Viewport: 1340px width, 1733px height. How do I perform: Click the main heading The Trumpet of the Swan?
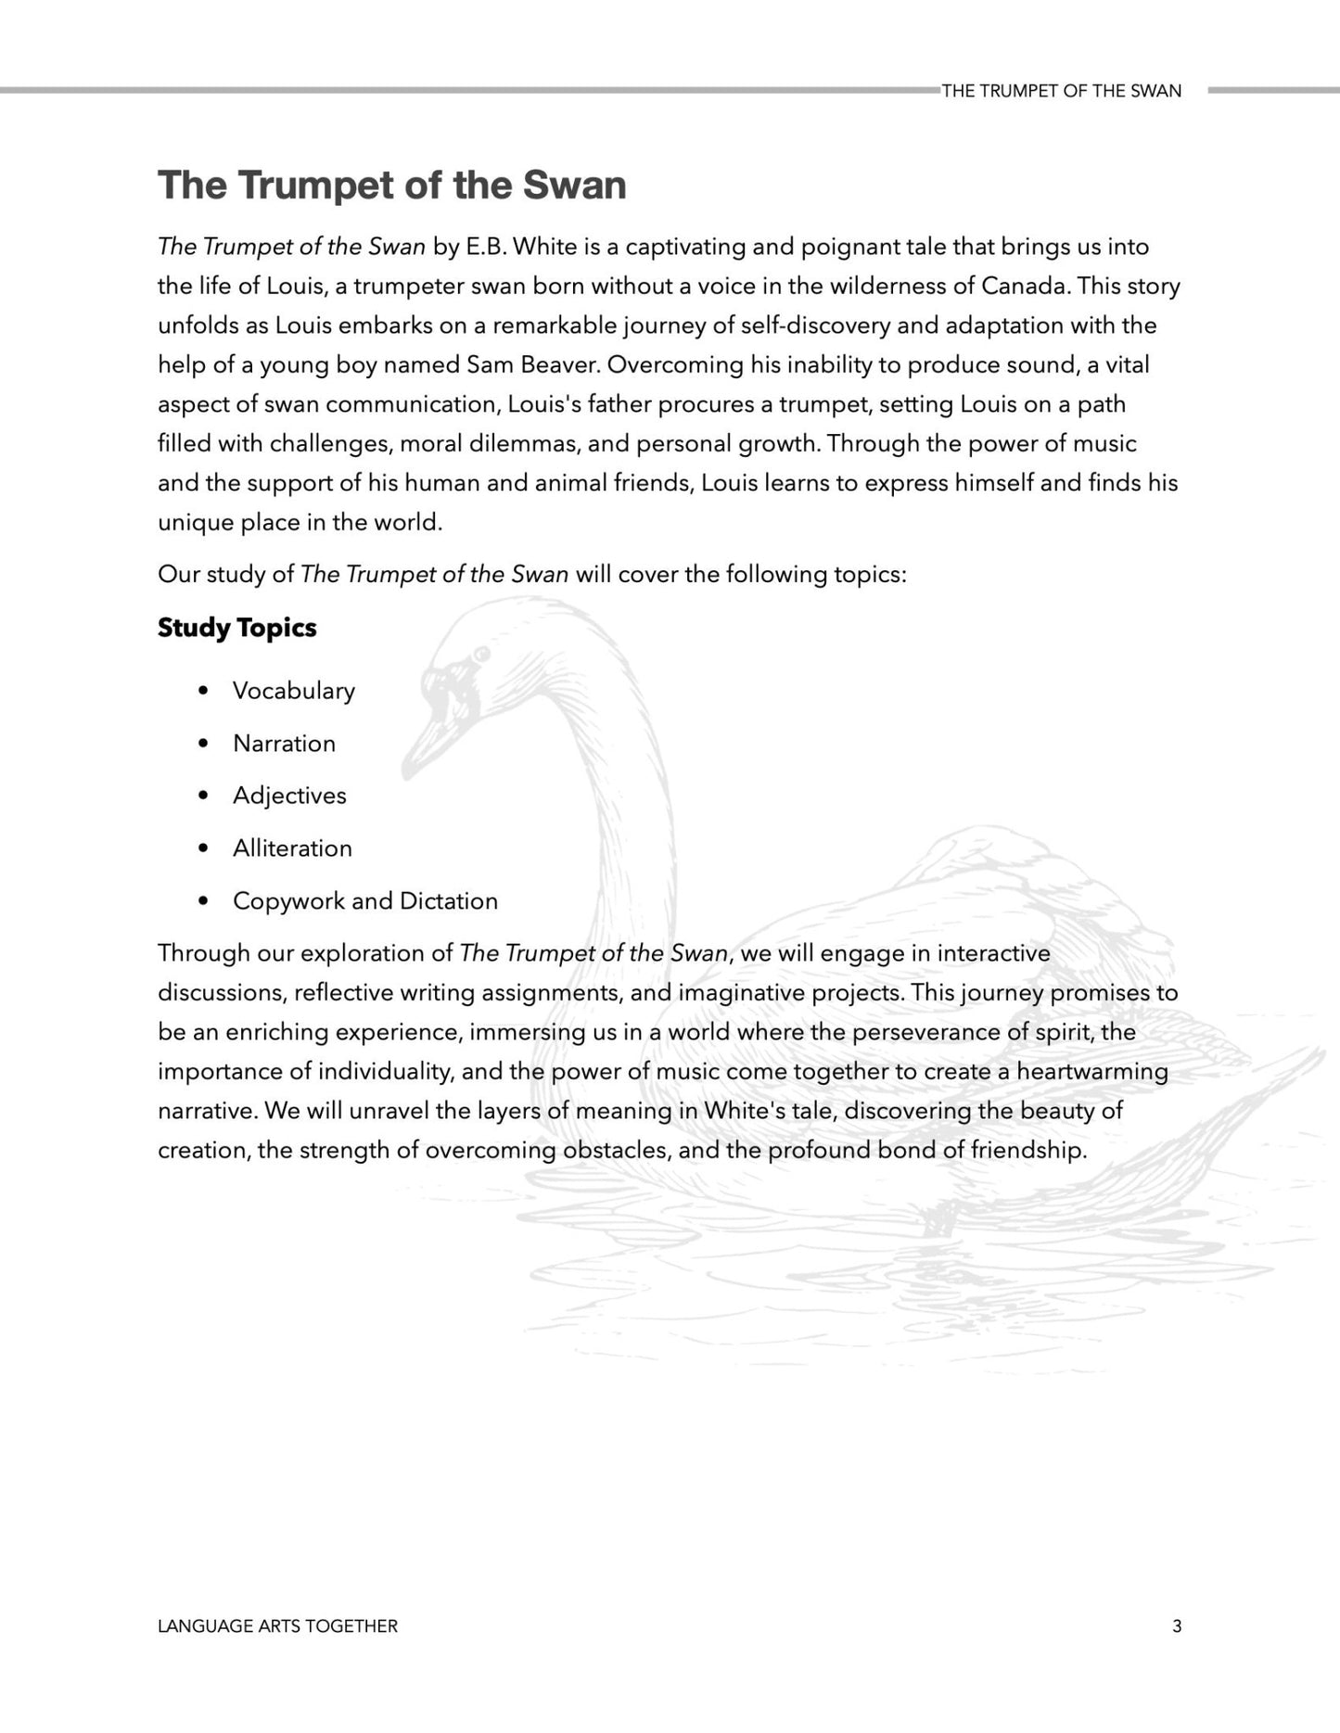[x=391, y=185]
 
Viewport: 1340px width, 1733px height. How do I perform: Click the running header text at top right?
[x=1061, y=91]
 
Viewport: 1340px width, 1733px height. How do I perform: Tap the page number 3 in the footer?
[x=1177, y=1626]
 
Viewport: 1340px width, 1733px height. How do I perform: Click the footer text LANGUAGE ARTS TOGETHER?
[x=277, y=1626]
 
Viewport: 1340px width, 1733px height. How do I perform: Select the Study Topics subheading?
[x=236, y=628]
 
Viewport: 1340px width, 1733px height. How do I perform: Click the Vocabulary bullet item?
[x=293, y=691]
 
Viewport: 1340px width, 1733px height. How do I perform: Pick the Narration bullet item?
[x=284, y=744]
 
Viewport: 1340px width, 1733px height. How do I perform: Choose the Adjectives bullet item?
[x=289, y=796]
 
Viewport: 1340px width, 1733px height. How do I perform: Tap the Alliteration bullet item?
[x=292, y=848]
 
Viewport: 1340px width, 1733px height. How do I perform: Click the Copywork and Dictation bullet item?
[x=364, y=901]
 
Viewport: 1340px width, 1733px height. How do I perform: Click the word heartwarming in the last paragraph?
[x=1091, y=1072]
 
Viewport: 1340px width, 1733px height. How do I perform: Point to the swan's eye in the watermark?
[x=480, y=655]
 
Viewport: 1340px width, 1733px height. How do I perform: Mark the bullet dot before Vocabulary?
[x=203, y=691]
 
